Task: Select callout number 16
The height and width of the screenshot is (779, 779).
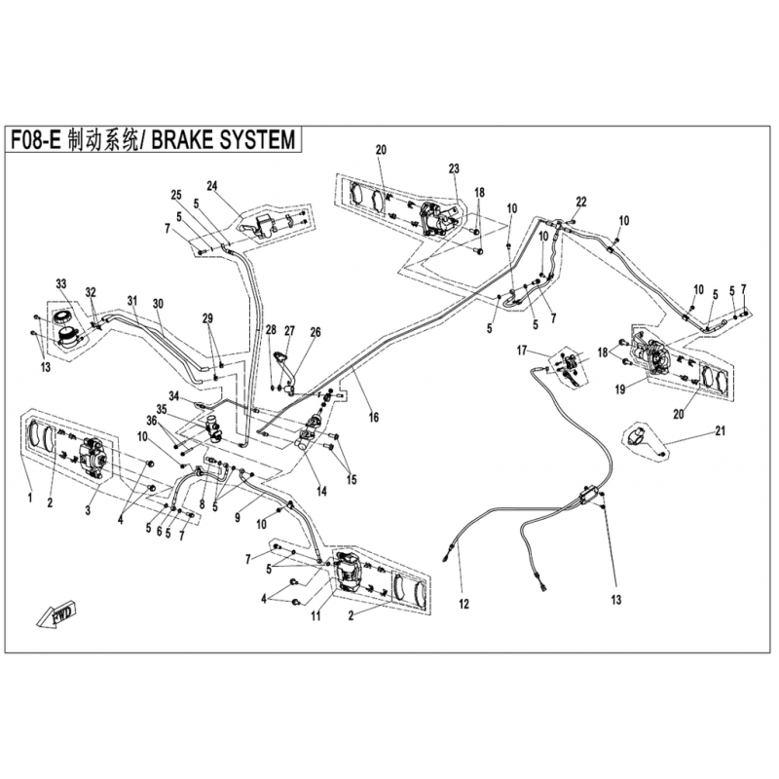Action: click(x=374, y=417)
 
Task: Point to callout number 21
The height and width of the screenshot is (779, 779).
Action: click(x=720, y=430)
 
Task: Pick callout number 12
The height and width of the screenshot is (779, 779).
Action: click(x=464, y=604)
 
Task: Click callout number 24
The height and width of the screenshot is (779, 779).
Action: click(x=212, y=186)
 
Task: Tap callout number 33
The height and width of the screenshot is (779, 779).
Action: click(x=60, y=283)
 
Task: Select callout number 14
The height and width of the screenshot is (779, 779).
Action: click(x=322, y=492)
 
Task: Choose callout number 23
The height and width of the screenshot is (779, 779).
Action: click(x=454, y=168)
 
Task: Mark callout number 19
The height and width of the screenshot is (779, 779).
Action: click(x=620, y=390)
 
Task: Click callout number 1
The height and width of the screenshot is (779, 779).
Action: click(x=30, y=498)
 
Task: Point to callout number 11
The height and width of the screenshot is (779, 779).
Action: click(x=315, y=616)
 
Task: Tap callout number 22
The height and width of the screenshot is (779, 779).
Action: click(x=580, y=202)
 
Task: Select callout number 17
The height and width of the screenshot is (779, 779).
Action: click(x=521, y=351)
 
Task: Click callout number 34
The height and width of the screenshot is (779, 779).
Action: click(x=173, y=396)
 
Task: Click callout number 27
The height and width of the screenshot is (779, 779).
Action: click(x=289, y=331)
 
